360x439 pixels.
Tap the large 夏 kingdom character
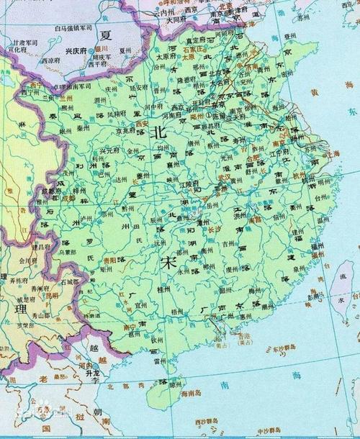point(107,35)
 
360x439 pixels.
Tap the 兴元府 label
point(109,151)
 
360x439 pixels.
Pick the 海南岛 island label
point(191,395)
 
